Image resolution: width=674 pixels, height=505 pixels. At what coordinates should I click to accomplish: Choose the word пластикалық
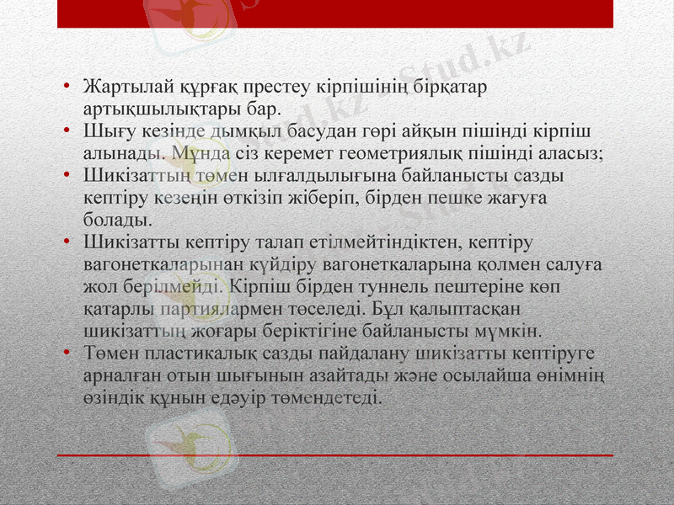tap(195, 352)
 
